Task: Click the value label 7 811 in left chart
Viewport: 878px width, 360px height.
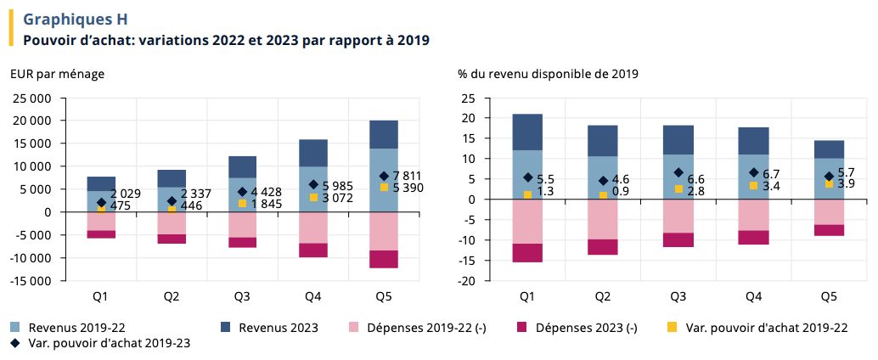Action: tap(407, 176)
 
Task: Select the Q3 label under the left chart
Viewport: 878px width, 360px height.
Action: tap(242, 296)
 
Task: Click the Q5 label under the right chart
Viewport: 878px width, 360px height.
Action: tap(829, 296)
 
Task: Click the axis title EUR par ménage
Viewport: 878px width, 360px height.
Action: tap(57, 74)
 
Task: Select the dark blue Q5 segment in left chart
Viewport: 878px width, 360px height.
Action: tap(383, 134)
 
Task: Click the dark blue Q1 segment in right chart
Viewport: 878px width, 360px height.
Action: tap(527, 132)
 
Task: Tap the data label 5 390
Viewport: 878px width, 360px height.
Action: tap(407, 188)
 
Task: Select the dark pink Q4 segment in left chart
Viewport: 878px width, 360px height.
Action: tap(312, 250)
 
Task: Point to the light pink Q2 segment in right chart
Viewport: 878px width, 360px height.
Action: tap(602, 219)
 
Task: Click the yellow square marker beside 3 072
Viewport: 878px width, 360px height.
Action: tap(313, 197)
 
